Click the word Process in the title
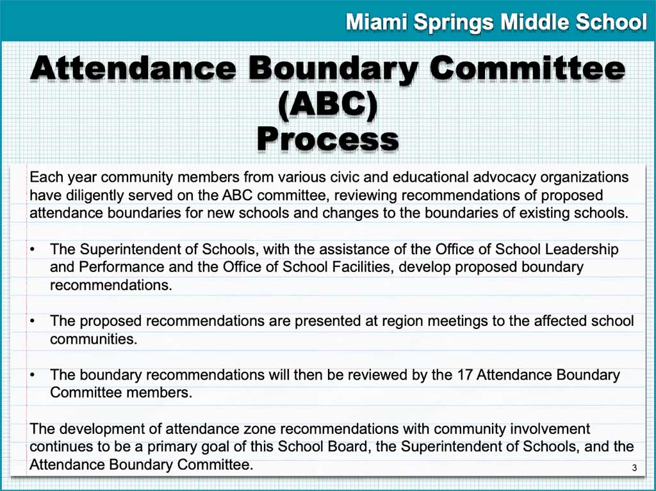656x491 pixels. click(327, 138)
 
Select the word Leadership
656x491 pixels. click(582, 249)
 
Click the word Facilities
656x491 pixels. click(358, 267)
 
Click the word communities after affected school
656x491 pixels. click(94, 339)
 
